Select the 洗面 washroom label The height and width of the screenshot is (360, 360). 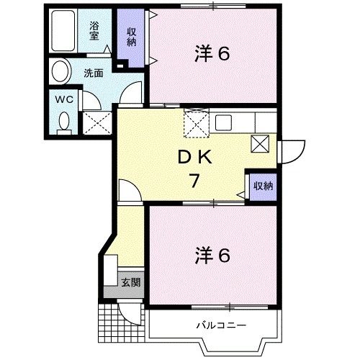click(x=93, y=72)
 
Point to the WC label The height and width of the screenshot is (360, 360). click(x=63, y=100)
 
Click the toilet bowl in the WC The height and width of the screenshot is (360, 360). click(x=64, y=122)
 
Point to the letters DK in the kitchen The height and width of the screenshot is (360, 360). click(x=194, y=157)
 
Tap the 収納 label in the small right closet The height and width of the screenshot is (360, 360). click(x=263, y=186)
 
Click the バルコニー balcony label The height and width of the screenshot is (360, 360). click(x=222, y=325)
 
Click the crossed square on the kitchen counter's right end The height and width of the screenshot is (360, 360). click(x=260, y=142)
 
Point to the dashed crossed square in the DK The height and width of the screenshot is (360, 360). click(x=196, y=122)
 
